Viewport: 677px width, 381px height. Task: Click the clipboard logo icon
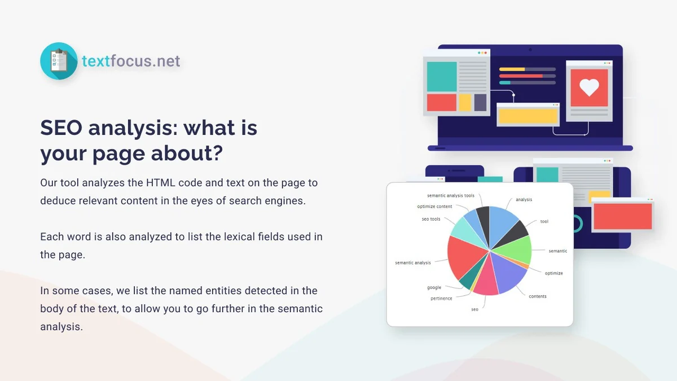coord(59,61)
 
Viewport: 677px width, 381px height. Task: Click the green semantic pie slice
coord(513,249)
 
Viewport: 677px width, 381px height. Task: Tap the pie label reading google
coord(434,287)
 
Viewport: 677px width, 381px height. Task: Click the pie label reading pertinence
coord(441,299)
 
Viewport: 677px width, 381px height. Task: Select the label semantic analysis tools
coord(450,196)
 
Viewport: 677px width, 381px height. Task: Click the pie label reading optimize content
coord(434,207)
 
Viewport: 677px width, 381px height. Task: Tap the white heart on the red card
coord(589,87)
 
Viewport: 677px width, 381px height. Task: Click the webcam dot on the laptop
coord(530,50)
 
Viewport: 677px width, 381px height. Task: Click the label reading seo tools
coord(431,219)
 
